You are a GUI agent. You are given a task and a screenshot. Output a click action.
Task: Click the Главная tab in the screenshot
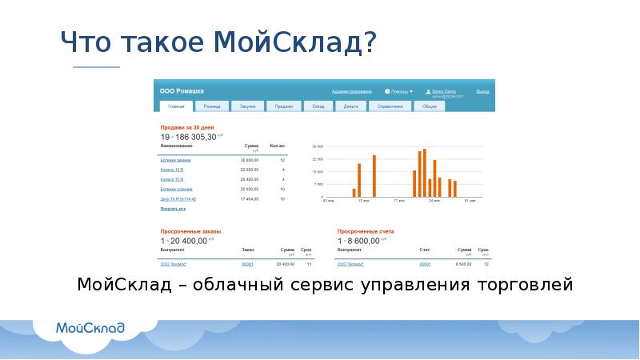coord(176,106)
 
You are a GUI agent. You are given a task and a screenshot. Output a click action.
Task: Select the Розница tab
coord(211,106)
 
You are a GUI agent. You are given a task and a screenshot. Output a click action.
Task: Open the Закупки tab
coord(248,106)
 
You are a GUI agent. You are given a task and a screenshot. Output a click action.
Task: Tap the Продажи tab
coord(283,106)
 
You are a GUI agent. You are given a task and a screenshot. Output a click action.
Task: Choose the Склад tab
coord(318,106)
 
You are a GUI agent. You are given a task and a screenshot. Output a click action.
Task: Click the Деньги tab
coord(350,106)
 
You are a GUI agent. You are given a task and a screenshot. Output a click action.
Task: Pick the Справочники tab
coord(391,106)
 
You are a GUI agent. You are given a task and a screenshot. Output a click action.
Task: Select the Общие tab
coord(430,106)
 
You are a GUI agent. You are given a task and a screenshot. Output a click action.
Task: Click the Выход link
coord(482,91)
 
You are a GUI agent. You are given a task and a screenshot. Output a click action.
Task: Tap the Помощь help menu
coord(400,91)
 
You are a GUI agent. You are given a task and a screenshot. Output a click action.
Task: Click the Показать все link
coord(173,209)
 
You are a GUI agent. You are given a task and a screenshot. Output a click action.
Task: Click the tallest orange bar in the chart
coord(424,173)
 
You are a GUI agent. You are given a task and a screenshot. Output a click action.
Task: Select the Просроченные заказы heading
coord(190,231)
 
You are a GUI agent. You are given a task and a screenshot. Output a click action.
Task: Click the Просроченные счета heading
coord(365,231)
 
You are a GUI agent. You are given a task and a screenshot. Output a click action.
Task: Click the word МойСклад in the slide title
coord(289,41)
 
